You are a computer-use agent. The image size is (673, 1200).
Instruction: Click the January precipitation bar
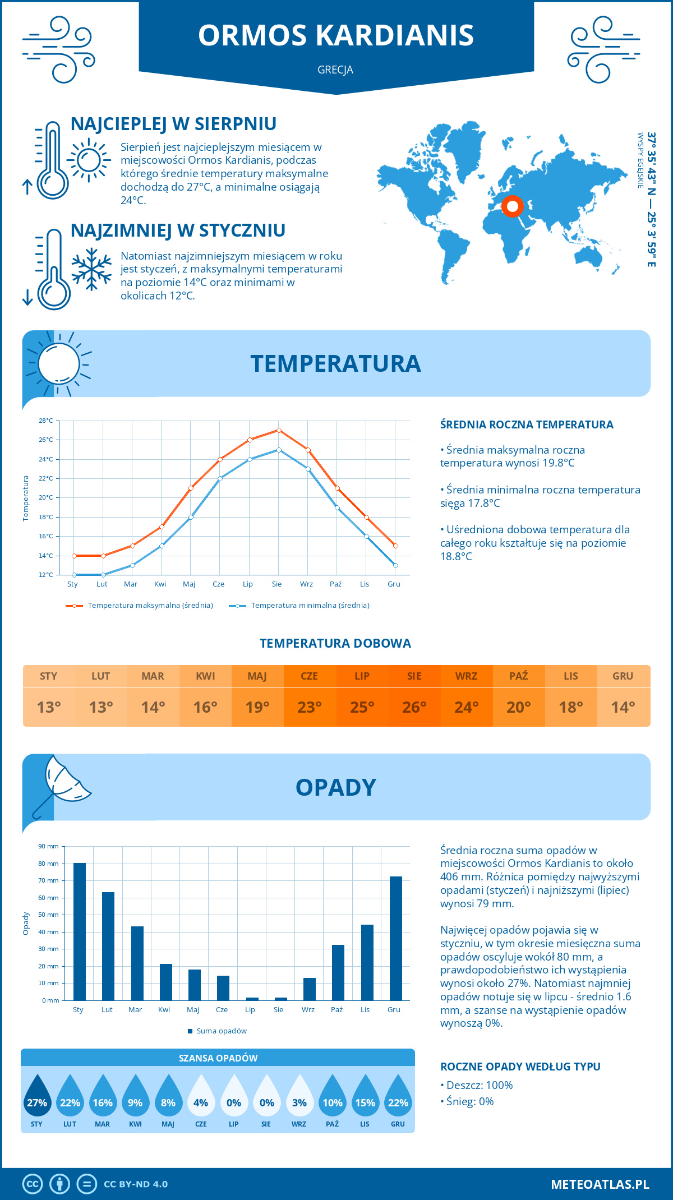(x=80, y=931)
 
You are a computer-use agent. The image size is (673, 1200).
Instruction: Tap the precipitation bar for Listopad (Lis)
(x=367, y=962)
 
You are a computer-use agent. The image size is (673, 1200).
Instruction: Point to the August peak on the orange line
(x=279, y=430)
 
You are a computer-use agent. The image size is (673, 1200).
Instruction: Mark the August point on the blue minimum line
(x=279, y=450)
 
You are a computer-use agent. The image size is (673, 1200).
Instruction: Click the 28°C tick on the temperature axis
(x=46, y=421)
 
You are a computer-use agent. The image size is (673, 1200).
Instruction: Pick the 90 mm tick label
(x=48, y=846)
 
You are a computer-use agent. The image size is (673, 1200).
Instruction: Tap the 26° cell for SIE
(x=414, y=707)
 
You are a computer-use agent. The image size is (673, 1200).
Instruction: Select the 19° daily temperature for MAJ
(x=257, y=707)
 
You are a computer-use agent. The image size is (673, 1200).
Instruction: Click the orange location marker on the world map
(x=512, y=206)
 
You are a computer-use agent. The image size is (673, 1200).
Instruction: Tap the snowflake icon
(x=91, y=269)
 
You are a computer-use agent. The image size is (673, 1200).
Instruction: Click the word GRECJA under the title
(x=335, y=70)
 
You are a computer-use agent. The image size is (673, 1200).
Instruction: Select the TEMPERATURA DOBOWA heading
(x=335, y=643)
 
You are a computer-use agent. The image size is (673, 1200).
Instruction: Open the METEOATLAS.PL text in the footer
(x=600, y=1184)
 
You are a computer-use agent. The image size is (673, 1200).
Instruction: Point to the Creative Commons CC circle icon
(x=33, y=1184)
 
